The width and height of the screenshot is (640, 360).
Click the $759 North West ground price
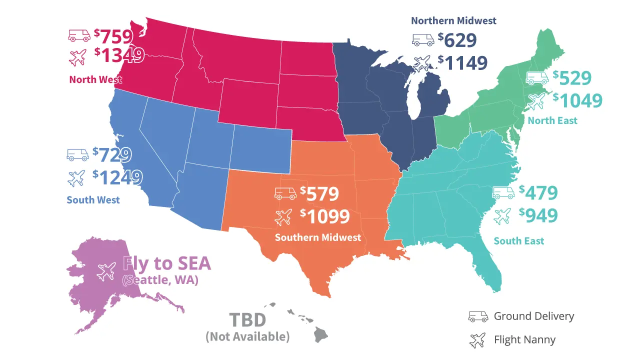pyautogui.click(x=114, y=36)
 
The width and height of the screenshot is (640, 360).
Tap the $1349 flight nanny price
pyautogui.click(x=119, y=55)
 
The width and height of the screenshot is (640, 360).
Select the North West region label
pyautogui.click(x=95, y=79)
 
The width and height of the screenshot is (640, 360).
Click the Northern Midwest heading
pyautogui.click(x=453, y=20)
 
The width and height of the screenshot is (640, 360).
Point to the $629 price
pyautogui.click(x=457, y=39)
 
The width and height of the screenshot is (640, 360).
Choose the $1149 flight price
pyautogui.click(x=462, y=62)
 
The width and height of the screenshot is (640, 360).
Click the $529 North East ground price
pyautogui.click(x=572, y=78)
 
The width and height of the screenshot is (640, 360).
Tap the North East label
pyautogui.click(x=552, y=120)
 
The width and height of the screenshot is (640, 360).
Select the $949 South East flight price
pyautogui.click(x=538, y=215)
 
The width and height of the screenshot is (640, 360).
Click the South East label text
pyautogui.click(x=519, y=241)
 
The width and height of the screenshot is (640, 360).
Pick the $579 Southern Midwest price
pyautogui.click(x=320, y=193)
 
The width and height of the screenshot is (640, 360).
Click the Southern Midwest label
pyautogui.click(x=318, y=237)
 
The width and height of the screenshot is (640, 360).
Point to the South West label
pyautogui.click(x=93, y=200)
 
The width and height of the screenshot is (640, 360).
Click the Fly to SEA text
pyautogui.click(x=167, y=263)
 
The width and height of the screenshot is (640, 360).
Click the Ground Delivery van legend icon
pyautogui.click(x=477, y=316)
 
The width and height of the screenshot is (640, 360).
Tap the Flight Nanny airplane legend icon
pyautogui.click(x=477, y=340)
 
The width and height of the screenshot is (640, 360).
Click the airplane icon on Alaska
pyautogui.click(x=106, y=271)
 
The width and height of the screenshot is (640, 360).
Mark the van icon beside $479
pyautogui.click(x=503, y=192)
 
